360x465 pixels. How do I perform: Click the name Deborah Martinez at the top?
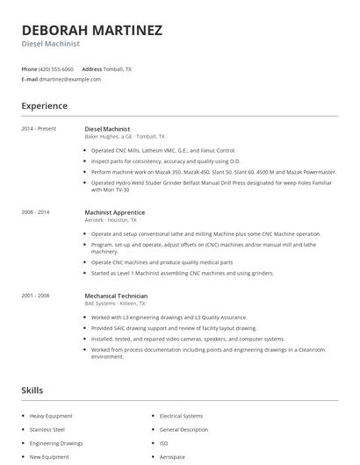[91, 31]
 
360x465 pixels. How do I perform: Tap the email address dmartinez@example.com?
[70, 79]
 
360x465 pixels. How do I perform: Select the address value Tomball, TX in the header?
[118, 68]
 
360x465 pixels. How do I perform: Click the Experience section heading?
[44, 106]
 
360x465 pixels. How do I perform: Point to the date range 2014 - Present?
[39, 128]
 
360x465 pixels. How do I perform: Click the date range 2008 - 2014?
[36, 212]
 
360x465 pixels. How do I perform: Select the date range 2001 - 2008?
[36, 297]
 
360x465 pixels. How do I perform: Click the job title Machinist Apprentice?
[114, 212]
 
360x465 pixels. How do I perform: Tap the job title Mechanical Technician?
[116, 297]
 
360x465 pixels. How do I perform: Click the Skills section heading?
[32, 390]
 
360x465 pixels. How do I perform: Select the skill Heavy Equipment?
[50, 416]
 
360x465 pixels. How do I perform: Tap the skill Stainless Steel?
[47, 430]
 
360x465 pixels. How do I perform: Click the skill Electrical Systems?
[181, 416]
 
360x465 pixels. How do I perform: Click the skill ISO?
[163, 443]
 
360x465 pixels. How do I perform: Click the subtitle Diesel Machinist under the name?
[51, 44]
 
